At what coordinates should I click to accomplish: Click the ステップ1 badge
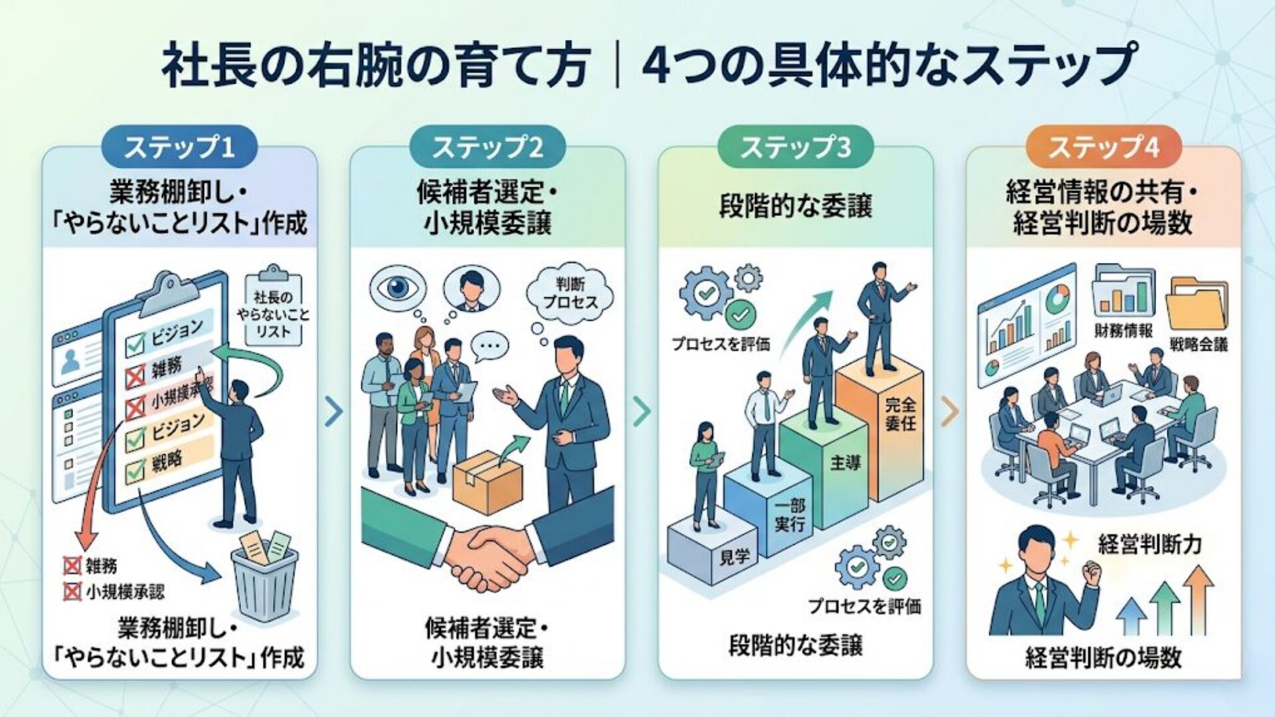click(179, 147)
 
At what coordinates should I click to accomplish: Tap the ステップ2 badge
click(487, 147)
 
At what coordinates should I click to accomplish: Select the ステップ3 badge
click(795, 147)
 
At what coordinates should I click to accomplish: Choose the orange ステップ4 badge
click(1104, 147)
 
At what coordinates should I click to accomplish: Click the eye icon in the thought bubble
click(397, 287)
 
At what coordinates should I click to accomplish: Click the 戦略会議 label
click(1199, 344)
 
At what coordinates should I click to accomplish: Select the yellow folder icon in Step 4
click(1196, 306)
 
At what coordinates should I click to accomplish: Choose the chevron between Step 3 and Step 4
click(950, 412)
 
